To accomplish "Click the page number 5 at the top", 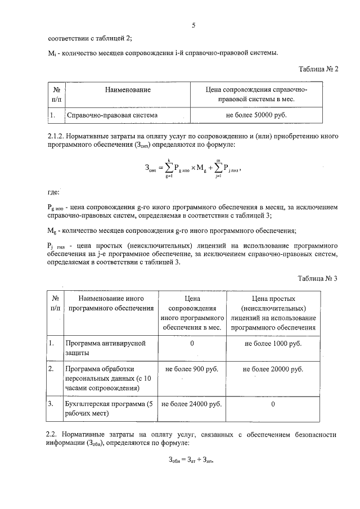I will [x=193, y=25].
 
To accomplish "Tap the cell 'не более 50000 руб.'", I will [x=256, y=115].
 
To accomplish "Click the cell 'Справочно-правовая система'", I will [x=111, y=115].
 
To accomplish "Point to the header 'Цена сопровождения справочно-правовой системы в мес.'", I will [x=256, y=94].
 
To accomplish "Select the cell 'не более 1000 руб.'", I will [x=273, y=343].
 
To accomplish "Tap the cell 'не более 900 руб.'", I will [x=192, y=369].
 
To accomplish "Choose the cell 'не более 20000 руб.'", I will [x=273, y=369].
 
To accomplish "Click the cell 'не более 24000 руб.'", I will [x=192, y=404].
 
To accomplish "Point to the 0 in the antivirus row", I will [x=192, y=343].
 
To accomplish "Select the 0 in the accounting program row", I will [x=273, y=404].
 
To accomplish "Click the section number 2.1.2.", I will [x=57, y=136].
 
